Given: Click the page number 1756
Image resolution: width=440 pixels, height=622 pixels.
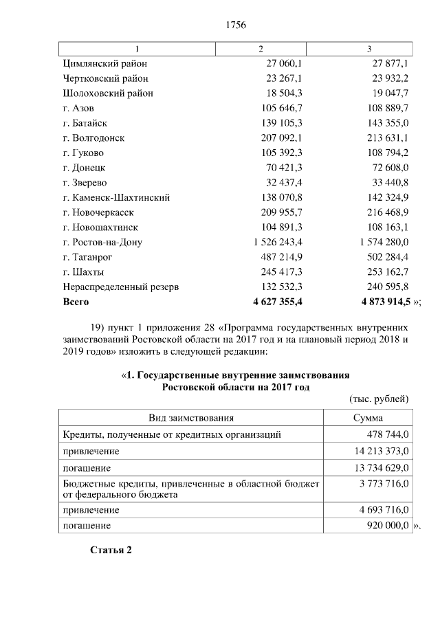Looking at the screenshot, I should tap(236, 25).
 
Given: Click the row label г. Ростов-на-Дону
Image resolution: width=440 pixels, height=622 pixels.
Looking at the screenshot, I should tap(102, 242).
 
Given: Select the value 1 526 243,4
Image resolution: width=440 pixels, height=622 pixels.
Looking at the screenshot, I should tap(278, 242).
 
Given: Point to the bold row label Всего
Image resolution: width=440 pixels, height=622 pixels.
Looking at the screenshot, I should tap(76, 301).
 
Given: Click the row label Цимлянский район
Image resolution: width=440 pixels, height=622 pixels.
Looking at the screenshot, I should tap(105, 63).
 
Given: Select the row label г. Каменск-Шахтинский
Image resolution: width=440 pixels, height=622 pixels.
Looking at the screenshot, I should tap(116, 197).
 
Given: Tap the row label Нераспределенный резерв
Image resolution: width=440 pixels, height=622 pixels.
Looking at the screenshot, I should tap(121, 287).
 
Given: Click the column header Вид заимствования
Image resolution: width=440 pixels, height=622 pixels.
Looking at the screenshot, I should tap(192, 418).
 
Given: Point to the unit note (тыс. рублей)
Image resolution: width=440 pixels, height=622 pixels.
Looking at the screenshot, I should tap(379, 399).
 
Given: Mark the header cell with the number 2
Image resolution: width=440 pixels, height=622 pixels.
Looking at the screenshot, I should tap(261, 48).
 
